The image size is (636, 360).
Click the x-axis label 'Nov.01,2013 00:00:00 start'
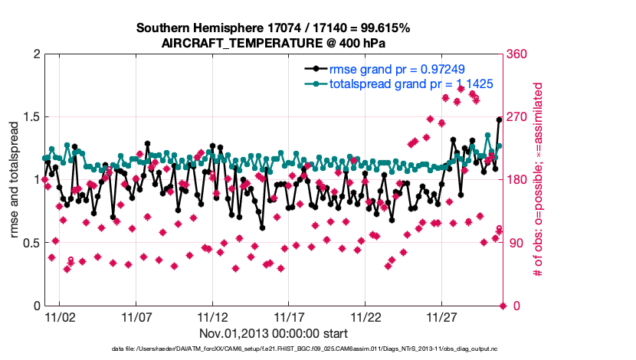pyautogui.click(x=273, y=333)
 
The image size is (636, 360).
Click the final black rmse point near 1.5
pyautogui.click(x=499, y=119)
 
